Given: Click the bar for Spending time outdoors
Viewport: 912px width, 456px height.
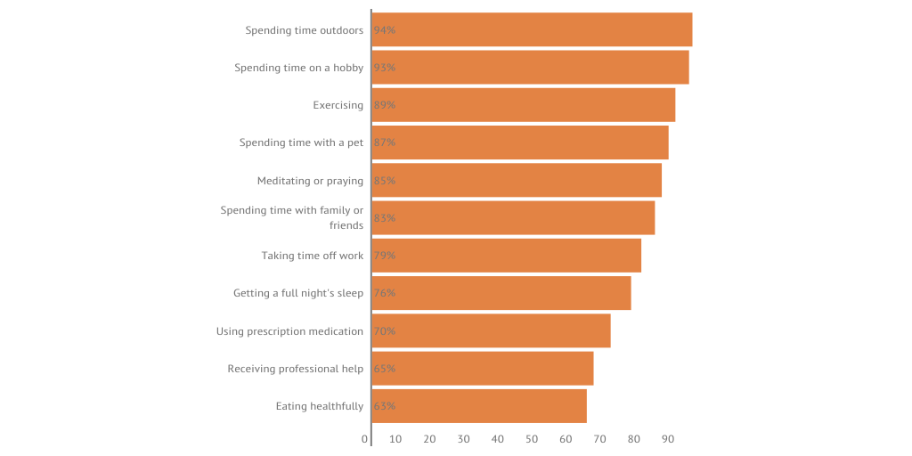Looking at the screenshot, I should pos(532,29).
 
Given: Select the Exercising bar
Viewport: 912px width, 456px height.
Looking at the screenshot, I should pos(524,105).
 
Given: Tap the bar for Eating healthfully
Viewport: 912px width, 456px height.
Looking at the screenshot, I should pos(479,406).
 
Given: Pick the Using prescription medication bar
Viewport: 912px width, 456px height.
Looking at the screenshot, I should pos(491,331).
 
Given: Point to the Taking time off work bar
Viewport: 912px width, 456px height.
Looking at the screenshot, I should pos(506,256).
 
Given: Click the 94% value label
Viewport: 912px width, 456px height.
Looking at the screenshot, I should pos(385,30).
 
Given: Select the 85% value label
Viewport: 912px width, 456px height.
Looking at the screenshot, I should pos(385,181).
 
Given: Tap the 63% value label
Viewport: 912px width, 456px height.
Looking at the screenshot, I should pos(385,406).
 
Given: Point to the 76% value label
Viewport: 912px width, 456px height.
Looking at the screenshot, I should pos(385,293).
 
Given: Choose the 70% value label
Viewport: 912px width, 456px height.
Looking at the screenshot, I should pos(385,331).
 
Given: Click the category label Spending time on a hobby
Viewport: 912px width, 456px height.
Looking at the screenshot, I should pos(298,68).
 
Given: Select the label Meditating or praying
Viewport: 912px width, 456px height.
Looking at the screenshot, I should pos(310,181).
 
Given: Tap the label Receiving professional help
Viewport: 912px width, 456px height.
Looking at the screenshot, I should pos(295,369).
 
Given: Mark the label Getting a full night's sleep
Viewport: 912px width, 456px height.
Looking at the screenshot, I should pos(298,293).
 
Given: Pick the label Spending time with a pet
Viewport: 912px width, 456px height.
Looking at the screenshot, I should pos(301,142).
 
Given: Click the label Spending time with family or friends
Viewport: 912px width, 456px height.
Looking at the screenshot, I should pos(292,217).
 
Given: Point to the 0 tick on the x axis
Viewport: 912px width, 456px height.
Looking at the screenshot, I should pos(365,439).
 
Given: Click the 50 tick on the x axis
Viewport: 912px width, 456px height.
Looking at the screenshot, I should pos(532,439).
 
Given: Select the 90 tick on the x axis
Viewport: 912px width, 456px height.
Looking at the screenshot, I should pos(668,439).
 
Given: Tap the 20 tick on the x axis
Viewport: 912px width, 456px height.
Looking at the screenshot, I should pos(429,439).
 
